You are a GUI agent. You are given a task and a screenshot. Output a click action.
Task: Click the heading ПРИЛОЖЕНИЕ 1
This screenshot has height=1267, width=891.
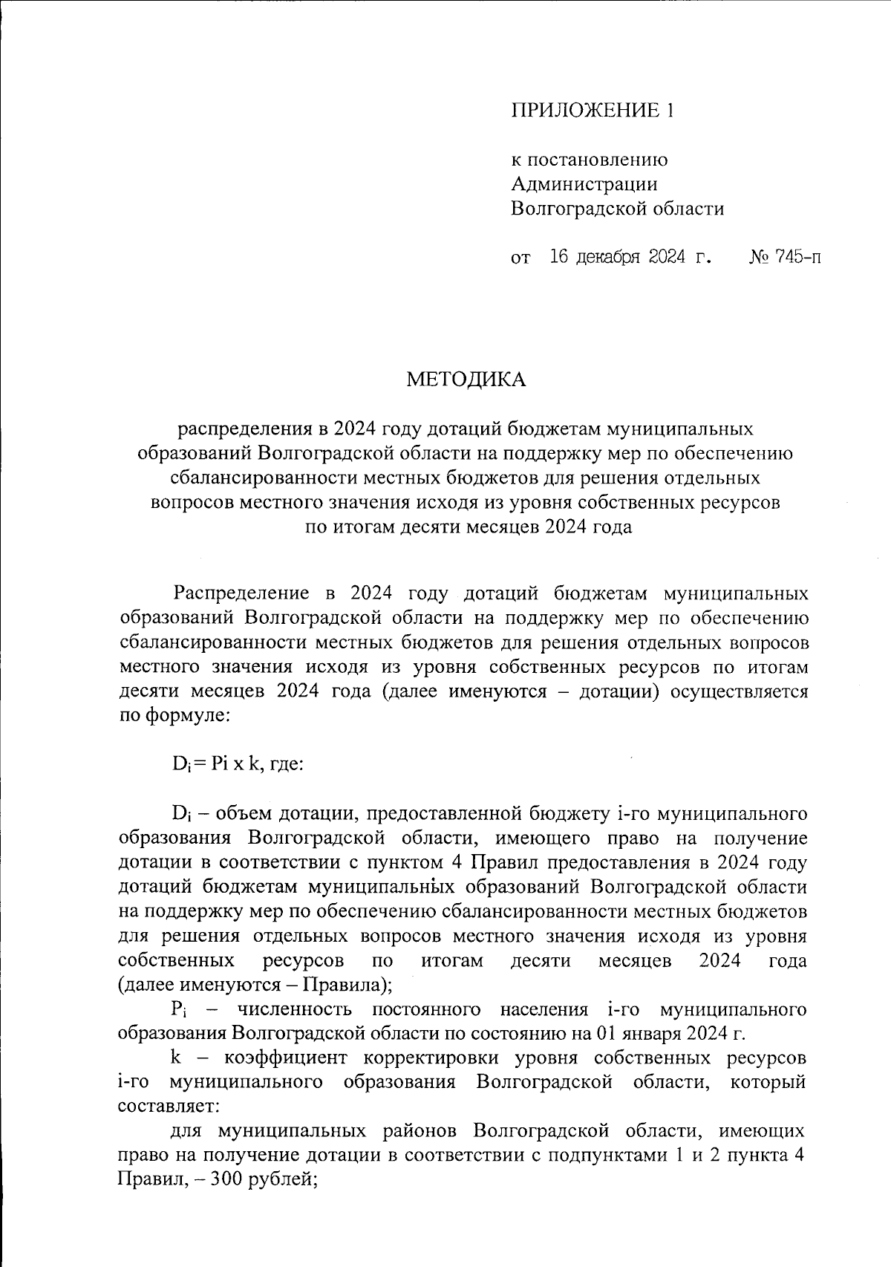(593, 111)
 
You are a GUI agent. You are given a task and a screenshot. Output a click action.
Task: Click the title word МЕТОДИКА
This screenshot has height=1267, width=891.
(466, 380)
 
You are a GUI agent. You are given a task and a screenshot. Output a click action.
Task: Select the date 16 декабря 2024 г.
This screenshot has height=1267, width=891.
(630, 258)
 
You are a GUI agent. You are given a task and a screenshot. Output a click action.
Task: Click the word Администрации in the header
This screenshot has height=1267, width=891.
(584, 183)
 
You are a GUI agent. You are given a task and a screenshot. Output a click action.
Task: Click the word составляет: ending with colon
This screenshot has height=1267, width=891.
(167, 1105)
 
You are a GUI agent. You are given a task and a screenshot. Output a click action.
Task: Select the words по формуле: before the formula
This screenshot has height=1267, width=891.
(175, 717)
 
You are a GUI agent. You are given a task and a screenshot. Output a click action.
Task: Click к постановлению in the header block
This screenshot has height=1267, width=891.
(590, 159)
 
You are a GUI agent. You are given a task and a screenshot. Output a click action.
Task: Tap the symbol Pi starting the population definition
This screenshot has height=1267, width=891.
(178, 1010)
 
